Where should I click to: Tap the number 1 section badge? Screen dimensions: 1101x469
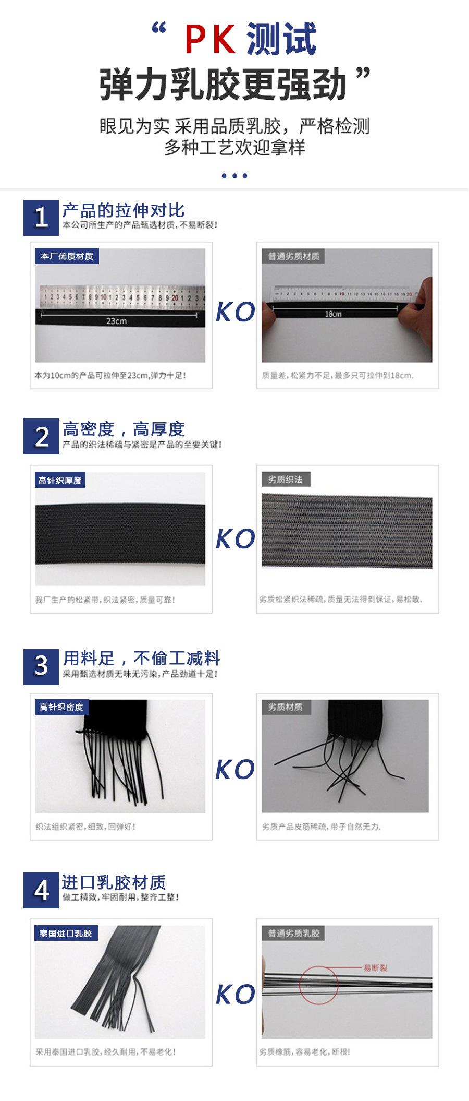pos(41,217)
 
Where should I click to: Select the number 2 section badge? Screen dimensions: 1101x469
pos(41,436)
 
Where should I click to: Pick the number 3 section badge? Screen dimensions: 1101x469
pos(41,666)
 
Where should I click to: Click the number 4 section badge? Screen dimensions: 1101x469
pos(41,890)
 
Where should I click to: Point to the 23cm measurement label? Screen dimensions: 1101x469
pos(116,321)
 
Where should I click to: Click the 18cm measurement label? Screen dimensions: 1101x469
pos(333,314)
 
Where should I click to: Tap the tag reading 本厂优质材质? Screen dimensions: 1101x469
pos(67,256)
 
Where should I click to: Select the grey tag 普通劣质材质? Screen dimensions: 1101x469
pos(293,256)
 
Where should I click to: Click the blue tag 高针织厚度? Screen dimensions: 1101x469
pos(60,480)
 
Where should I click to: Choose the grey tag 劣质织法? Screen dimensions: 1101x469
pos(286,480)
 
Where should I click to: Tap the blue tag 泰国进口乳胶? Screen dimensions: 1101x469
pos(66,934)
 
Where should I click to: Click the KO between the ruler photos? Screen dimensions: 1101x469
pos(235,312)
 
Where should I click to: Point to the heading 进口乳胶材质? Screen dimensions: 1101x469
pos(114,882)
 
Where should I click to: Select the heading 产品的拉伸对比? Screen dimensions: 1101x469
pos(123,210)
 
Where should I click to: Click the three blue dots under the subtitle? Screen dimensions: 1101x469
pos(234,176)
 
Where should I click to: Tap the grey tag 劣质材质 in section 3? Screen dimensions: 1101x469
pos(285,707)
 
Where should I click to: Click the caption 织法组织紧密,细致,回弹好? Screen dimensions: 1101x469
pos(85,827)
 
